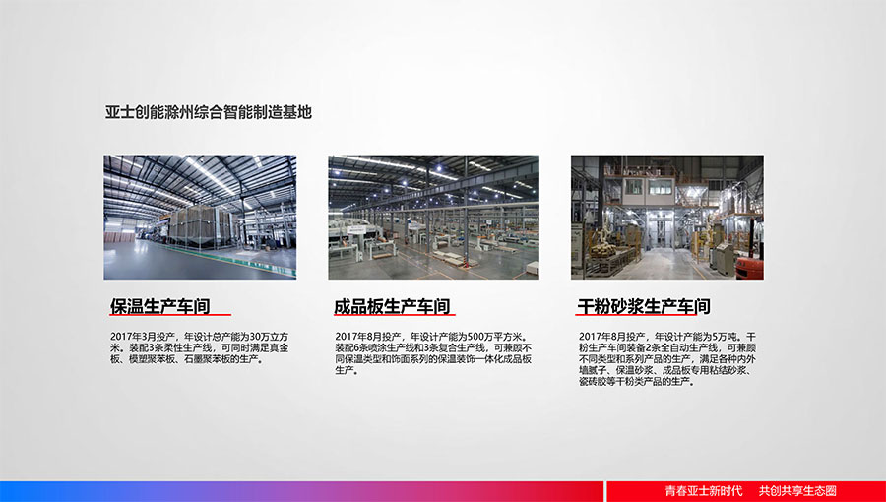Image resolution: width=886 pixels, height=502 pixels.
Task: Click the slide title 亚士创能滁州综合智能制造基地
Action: [x=209, y=112]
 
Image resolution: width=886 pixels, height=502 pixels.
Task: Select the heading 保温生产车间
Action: [x=159, y=307]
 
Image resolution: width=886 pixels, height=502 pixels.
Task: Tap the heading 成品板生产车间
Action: [x=392, y=307]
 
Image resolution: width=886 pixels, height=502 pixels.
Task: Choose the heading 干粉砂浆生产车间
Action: [x=644, y=307]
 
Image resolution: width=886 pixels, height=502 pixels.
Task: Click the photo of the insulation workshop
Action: [x=200, y=218]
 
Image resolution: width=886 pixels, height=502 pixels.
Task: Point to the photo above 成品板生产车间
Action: [x=433, y=218]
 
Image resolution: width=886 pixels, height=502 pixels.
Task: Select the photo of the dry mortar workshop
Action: [x=667, y=218]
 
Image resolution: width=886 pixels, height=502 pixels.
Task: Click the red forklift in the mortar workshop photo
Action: [x=750, y=267]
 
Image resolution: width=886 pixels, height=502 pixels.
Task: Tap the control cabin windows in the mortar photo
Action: [x=647, y=187]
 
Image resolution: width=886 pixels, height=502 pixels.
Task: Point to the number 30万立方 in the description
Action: [x=269, y=337]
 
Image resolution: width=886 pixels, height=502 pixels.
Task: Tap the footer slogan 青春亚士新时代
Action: [x=704, y=491]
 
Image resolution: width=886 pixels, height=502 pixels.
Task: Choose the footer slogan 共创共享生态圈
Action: [x=797, y=491]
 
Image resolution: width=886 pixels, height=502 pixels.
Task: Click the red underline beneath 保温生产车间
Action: [x=170, y=315]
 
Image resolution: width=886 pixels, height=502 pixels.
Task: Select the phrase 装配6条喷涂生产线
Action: [x=372, y=348]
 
